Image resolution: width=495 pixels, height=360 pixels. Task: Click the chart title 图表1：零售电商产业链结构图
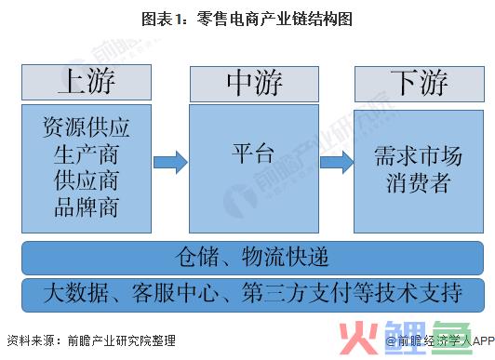247,19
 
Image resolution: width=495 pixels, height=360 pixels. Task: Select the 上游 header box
86,84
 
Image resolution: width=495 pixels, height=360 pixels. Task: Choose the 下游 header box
419,84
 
